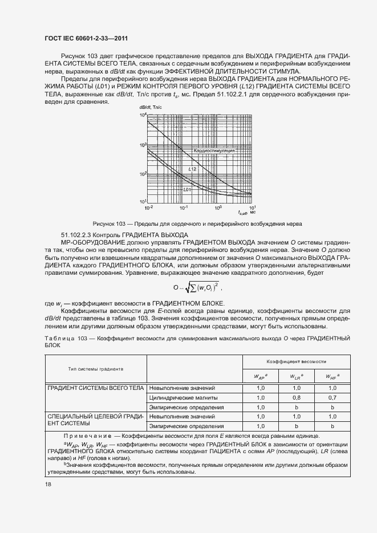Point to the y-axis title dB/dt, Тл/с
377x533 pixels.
click(150, 108)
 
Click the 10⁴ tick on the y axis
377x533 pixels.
click(143, 115)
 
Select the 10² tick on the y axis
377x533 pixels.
click(143, 173)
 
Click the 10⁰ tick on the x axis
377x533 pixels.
click(217, 207)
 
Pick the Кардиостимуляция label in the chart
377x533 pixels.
click(214, 150)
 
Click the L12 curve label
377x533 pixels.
click(193, 169)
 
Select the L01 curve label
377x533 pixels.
click(187, 189)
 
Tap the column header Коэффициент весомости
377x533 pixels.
click(297, 362)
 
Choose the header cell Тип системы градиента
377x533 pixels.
click(96, 369)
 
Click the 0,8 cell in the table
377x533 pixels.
click(296, 397)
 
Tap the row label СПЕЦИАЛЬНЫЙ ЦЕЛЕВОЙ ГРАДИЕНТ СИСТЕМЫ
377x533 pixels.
click(95, 421)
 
